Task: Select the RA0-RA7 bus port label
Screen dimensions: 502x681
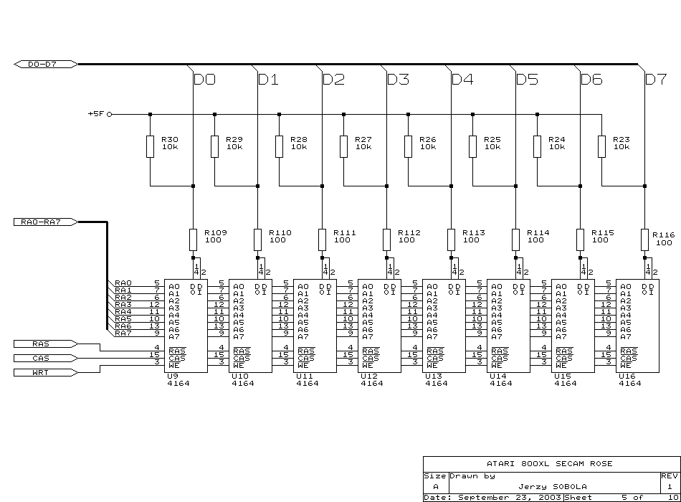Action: [x=44, y=222]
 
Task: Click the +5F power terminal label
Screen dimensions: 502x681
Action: [x=96, y=114]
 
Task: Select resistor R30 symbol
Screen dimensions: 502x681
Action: [x=150, y=146]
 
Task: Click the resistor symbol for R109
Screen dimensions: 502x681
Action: [x=193, y=239]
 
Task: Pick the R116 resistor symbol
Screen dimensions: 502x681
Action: [x=644, y=239]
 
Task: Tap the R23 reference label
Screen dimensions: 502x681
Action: [x=622, y=139]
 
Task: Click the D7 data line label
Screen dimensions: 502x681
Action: [x=656, y=80]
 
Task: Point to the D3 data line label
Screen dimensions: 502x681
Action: [x=398, y=80]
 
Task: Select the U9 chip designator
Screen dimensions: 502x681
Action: [x=171, y=376]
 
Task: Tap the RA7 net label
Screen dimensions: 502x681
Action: [x=123, y=333]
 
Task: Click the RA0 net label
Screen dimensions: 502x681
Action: [x=123, y=283]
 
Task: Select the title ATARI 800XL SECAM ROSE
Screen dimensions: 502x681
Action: [x=551, y=464]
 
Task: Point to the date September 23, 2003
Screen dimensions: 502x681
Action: [x=509, y=497]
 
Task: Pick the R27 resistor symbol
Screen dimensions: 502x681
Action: [x=343, y=146]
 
